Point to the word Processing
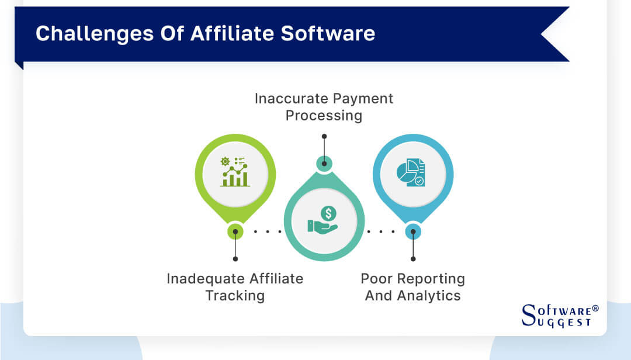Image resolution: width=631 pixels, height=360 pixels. coord(324,116)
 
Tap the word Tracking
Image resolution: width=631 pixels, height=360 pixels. coord(235,296)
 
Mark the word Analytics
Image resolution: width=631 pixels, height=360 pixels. coord(430,296)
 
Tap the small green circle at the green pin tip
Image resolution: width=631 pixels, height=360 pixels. coord(235,231)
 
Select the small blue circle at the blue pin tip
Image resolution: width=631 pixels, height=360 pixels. coord(412,231)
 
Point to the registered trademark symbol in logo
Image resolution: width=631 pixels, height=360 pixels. coord(595,308)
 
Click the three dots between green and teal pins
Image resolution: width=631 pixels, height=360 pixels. coord(268,231)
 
